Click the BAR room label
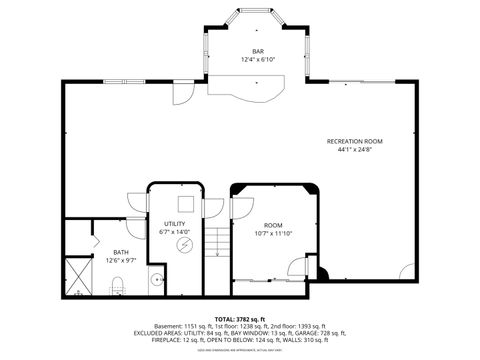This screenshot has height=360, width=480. [257, 51]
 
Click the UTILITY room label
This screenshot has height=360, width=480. [174, 223]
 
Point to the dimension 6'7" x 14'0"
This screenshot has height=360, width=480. [174, 232]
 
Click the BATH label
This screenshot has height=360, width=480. [120, 252]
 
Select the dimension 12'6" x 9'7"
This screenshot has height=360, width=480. [120, 261]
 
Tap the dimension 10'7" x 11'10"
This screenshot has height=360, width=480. [273, 234]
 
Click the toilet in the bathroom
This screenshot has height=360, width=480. [116, 284]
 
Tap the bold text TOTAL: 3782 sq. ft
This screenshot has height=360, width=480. [239, 317]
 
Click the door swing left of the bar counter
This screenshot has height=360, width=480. [183, 93]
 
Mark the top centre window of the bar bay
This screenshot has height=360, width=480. [257, 11]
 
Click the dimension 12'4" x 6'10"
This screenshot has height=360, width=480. [257, 60]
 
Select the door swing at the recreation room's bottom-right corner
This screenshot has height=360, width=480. [404, 271]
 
